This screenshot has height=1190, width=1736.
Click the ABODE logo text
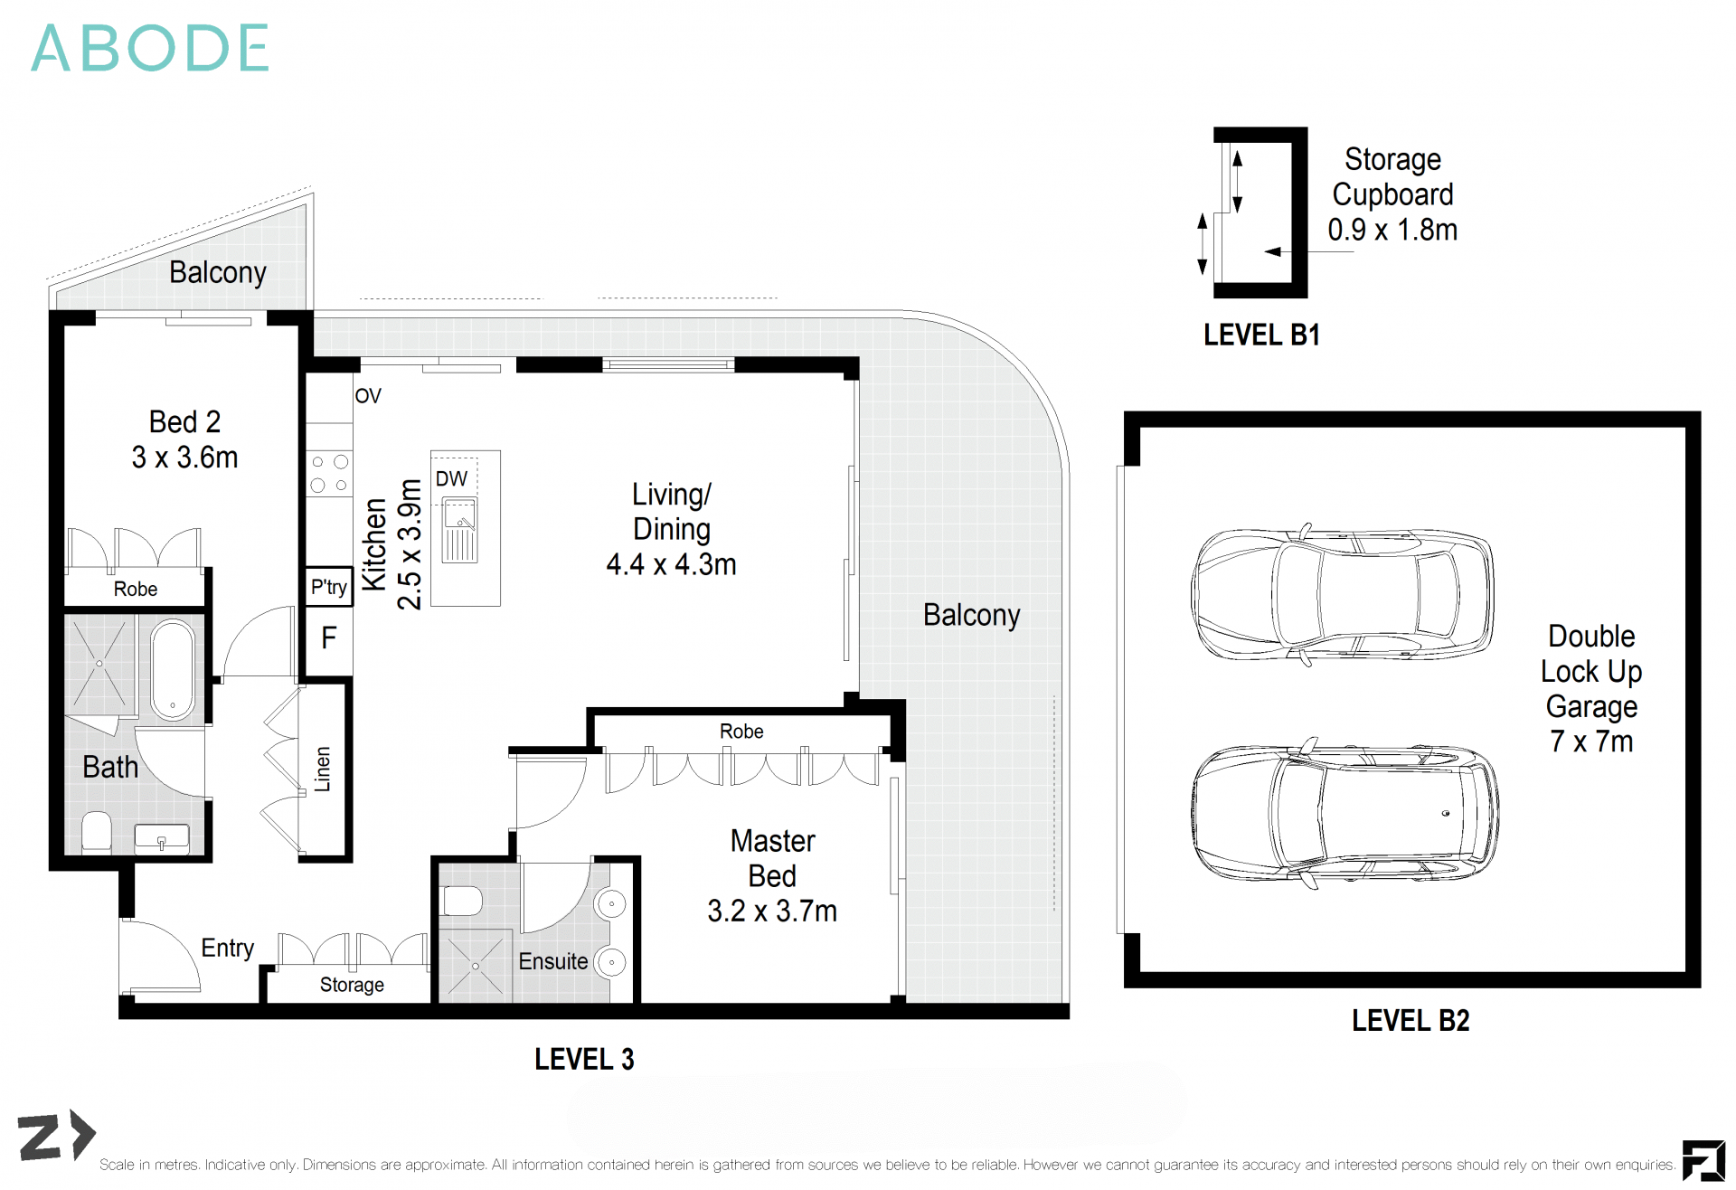click(x=150, y=48)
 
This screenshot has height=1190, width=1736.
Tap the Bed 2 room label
click(x=184, y=422)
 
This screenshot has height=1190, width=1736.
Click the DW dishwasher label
click(x=451, y=478)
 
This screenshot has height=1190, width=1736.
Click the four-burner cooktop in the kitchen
click(x=329, y=474)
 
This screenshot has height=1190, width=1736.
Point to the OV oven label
click(x=368, y=396)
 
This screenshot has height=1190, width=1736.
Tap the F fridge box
click(x=328, y=638)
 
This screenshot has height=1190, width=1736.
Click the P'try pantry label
click(x=328, y=587)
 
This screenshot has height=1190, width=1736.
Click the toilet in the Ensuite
click(x=462, y=901)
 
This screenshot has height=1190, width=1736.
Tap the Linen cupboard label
click(x=323, y=770)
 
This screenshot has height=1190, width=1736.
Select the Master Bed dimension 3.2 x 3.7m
click(x=771, y=911)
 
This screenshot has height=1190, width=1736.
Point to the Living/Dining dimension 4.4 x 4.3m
click(x=671, y=564)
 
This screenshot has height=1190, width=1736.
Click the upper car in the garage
click(x=1343, y=594)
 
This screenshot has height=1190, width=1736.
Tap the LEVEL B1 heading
click(x=1261, y=335)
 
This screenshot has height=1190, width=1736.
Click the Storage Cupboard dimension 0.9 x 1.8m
click(x=1392, y=230)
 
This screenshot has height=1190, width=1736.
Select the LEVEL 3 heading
click(x=584, y=1059)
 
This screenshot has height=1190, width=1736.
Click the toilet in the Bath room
click(x=97, y=832)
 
